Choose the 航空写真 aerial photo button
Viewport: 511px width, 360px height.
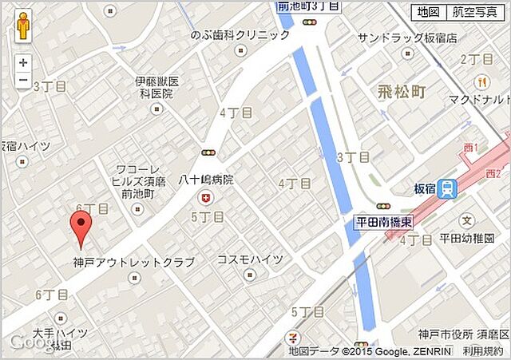(x=473, y=12)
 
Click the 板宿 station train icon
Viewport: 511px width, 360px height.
(x=449, y=189)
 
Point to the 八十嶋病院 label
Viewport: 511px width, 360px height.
(x=206, y=180)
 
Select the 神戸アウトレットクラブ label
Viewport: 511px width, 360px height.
(x=133, y=262)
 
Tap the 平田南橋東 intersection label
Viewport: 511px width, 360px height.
(x=384, y=220)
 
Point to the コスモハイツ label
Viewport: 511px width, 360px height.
(x=250, y=260)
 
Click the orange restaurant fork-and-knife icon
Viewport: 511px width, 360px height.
(x=481, y=81)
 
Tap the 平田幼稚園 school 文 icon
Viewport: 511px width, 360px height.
(x=467, y=220)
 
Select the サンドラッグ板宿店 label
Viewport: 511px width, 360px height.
(x=406, y=38)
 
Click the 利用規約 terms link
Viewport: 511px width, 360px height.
(x=482, y=350)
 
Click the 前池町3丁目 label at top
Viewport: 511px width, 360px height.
(x=308, y=6)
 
